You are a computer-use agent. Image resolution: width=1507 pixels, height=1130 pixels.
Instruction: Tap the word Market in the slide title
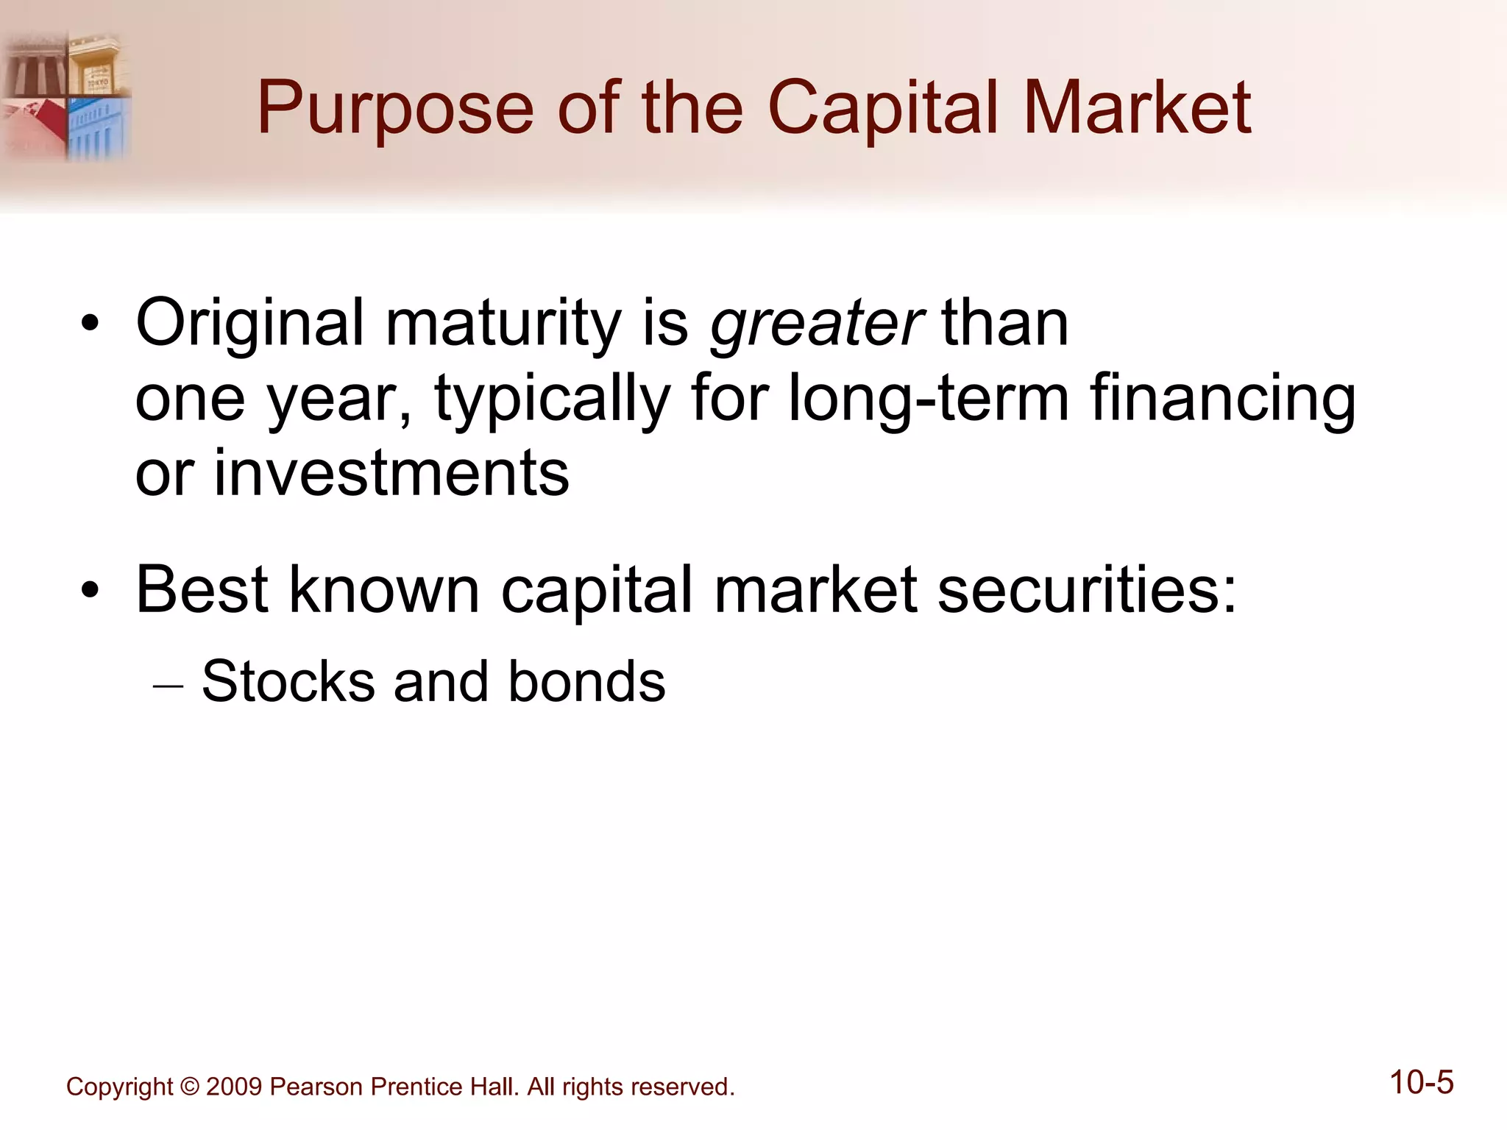tap(1137, 108)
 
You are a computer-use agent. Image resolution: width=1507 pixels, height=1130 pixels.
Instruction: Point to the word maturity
tap(503, 325)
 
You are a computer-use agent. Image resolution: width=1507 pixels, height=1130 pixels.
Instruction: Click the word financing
tap(1222, 401)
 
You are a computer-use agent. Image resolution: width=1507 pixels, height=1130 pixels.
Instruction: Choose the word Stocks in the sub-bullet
tap(288, 681)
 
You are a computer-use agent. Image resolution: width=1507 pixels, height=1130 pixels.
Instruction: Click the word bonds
tap(586, 681)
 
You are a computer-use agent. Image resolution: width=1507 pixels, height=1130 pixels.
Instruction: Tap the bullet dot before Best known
tap(90, 590)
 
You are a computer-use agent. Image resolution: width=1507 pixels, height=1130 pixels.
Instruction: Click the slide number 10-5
tap(1421, 1083)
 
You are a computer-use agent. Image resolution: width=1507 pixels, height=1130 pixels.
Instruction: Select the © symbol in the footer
tap(189, 1087)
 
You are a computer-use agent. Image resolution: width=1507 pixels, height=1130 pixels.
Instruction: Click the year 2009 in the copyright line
tap(234, 1087)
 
